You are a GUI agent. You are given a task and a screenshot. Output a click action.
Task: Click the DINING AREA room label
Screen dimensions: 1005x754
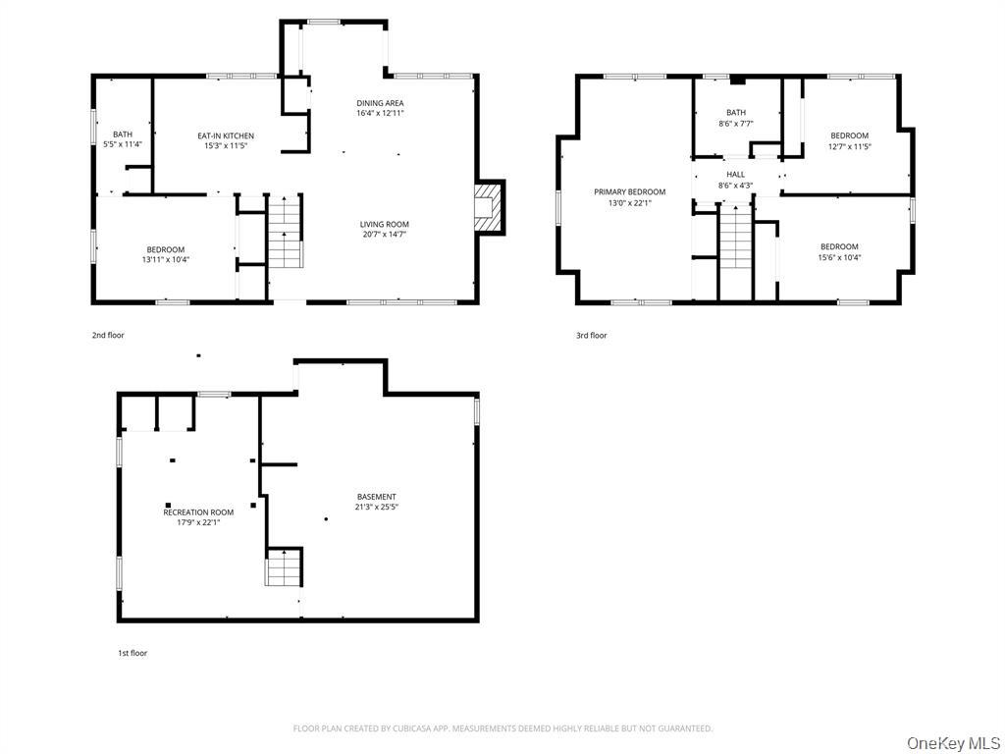pos(380,103)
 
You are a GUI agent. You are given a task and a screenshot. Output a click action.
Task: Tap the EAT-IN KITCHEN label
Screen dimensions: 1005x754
pos(226,135)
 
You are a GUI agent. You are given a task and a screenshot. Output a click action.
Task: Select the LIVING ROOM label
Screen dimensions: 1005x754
pos(385,225)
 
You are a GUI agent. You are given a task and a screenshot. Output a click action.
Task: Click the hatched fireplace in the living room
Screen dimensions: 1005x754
pos(485,207)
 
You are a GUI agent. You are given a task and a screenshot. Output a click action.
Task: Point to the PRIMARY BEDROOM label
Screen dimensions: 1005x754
pos(629,191)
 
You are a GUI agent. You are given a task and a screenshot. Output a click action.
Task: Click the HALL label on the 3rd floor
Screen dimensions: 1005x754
pos(736,175)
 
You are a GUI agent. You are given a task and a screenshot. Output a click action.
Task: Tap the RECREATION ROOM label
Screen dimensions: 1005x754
pos(198,512)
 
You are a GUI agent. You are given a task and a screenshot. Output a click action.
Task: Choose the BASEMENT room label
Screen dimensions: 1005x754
pos(377,497)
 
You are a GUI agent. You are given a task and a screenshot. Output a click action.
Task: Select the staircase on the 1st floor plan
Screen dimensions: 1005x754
pos(284,567)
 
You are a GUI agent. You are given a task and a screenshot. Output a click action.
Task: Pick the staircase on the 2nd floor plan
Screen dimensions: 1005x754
pos(285,232)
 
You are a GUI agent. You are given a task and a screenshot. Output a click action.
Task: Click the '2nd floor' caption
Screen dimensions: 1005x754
pos(108,336)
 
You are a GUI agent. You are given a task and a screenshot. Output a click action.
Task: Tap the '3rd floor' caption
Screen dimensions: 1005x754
pos(591,336)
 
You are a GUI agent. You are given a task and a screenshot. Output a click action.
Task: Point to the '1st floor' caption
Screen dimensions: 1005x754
pos(132,653)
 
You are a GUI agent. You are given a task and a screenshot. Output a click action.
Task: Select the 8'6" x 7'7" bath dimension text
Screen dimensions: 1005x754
pos(736,124)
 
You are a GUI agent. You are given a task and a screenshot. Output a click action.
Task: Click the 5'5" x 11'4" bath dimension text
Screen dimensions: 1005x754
pos(123,144)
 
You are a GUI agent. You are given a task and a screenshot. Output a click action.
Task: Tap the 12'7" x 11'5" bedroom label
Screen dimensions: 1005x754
pos(849,146)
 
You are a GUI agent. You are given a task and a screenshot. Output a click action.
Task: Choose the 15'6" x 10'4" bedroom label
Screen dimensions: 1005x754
pos(840,258)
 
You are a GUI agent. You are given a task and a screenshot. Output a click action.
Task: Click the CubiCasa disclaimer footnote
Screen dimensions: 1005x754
pos(502,728)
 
